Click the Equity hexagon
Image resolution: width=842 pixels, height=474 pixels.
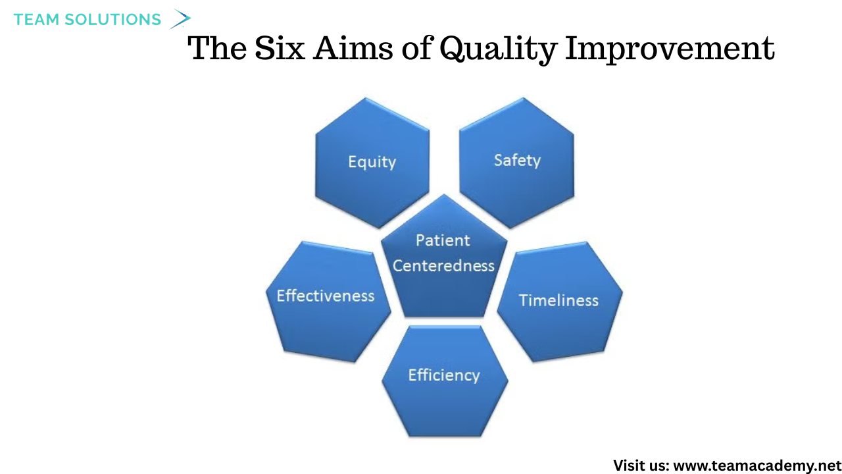pos(372,163)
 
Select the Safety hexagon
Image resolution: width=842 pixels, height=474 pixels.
pos(517,163)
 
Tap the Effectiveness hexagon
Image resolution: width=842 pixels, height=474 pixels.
pos(328,302)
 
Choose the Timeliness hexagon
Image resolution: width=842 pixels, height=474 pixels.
pos(560,302)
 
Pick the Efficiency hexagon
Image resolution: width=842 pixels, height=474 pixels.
pos(445,381)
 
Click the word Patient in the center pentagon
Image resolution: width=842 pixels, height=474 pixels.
pos(443,240)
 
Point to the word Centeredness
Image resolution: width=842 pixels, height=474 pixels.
pos(443,265)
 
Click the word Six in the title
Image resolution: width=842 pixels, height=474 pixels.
pos(280,48)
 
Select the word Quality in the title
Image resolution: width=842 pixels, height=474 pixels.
pos(498,49)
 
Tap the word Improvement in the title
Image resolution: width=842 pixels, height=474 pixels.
pos(670,49)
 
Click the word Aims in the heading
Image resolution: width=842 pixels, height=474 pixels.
pos(353,48)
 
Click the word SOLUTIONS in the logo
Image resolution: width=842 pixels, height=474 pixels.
pos(112,20)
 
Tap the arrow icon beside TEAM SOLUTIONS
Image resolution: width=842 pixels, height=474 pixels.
pos(180,19)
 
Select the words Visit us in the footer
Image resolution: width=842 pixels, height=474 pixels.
pos(641,465)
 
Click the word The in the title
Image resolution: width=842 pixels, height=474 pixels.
pos(217,48)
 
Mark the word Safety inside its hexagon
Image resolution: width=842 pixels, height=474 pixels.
pos(517,161)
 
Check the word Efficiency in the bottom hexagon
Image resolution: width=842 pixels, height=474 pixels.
pos(444,375)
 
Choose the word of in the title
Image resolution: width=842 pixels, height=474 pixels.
pos(416,48)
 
